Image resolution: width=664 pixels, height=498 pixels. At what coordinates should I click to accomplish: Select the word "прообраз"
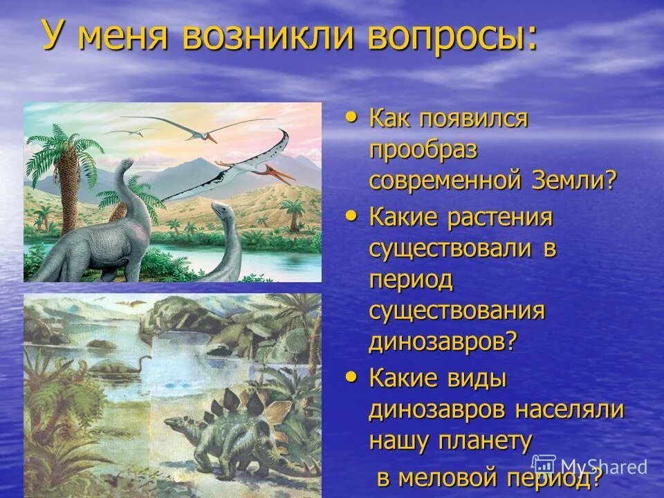(423, 150)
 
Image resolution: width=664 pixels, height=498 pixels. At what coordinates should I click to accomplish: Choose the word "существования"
(457, 311)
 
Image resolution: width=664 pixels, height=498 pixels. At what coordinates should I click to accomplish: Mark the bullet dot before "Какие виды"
(352, 377)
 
